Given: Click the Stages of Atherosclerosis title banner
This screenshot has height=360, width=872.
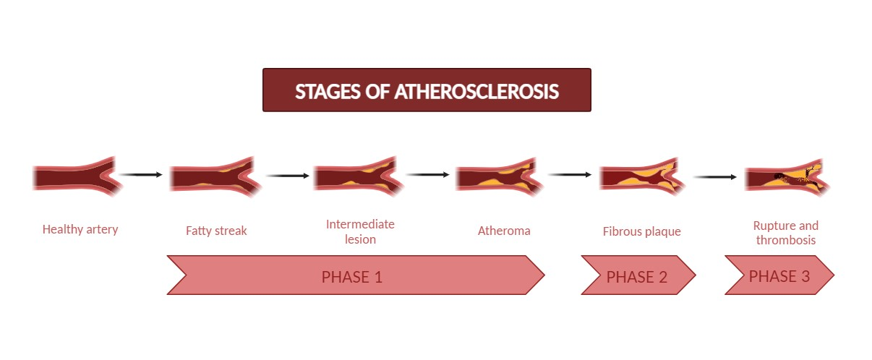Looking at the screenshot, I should point(427,90).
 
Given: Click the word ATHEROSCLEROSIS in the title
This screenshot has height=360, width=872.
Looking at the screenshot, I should point(476,92).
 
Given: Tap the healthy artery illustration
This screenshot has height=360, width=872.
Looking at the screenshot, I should point(76,176).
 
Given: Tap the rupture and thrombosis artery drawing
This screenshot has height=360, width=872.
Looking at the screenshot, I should point(786,176).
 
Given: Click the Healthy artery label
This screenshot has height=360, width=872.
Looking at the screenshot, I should point(80,229).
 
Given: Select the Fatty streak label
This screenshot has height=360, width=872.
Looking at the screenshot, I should point(216,231).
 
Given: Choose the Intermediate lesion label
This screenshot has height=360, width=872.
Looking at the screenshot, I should point(360,231).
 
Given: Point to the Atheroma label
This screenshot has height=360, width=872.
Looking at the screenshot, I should point(504,231).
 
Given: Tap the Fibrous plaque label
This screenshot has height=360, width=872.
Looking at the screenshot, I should point(642,232).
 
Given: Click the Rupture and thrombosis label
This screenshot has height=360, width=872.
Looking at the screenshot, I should point(786,233).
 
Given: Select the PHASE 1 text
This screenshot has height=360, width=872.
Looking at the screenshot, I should point(351,277).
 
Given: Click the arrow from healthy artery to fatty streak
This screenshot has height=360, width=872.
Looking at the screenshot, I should point(141,174).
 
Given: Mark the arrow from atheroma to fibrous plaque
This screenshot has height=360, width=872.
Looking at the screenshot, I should point(570,174).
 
